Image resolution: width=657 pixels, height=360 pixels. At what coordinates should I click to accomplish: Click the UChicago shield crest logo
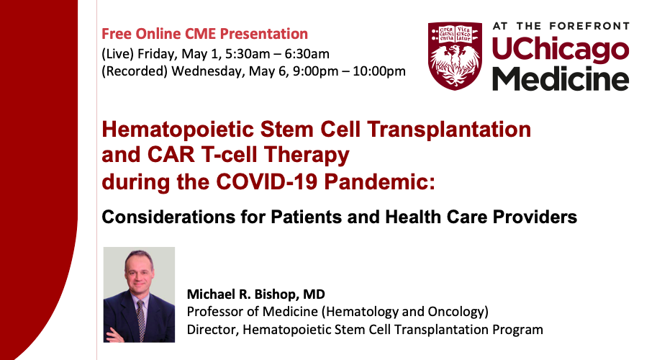(x=455, y=56)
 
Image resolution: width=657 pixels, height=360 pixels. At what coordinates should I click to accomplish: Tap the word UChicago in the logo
(x=560, y=50)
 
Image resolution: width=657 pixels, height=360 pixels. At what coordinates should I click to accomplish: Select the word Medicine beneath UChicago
(x=560, y=78)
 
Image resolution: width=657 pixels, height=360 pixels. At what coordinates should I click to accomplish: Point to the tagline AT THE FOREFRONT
(x=561, y=26)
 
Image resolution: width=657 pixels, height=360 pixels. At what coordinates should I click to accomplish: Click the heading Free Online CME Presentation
(x=204, y=34)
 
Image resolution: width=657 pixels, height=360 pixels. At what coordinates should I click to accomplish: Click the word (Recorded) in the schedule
(x=135, y=71)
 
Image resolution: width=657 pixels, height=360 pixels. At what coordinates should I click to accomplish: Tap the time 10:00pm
(x=379, y=71)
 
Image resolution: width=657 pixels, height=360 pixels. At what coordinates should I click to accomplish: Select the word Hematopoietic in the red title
(x=178, y=130)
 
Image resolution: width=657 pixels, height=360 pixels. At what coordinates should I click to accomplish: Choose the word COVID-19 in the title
(x=267, y=181)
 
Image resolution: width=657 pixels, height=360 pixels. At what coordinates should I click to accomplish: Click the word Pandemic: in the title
(x=380, y=181)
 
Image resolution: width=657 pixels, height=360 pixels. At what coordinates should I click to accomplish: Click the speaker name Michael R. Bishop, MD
(x=255, y=294)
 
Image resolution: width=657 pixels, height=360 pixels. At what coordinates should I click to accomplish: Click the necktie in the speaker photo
(x=141, y=320)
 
